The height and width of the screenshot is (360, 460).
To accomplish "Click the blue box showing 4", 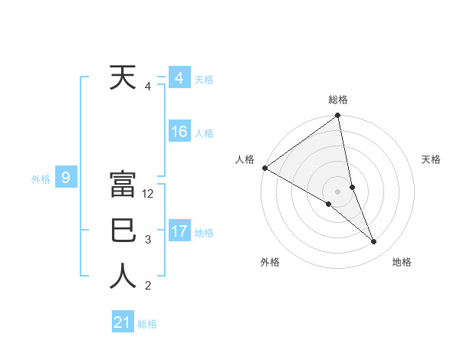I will (179, 78).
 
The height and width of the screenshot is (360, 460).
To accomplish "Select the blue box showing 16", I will (179, 132).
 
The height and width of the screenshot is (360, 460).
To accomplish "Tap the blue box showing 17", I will (179, 231).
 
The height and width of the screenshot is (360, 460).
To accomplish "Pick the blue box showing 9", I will (66, 178).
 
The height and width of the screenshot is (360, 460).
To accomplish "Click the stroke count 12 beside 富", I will (148, 194).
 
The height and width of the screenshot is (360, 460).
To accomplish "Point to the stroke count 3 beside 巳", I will (148, 240).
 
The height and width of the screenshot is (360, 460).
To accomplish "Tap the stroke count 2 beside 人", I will (148, 286).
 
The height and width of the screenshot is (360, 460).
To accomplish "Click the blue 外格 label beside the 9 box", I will (41, 179).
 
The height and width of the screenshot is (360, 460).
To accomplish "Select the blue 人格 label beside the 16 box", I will (204, 133).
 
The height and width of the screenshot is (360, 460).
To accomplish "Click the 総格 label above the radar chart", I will (338, 100).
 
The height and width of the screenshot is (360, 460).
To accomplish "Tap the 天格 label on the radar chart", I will (432, 159).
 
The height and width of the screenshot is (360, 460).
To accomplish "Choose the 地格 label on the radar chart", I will (402, 262).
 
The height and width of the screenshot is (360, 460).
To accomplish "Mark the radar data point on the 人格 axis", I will (264, 168).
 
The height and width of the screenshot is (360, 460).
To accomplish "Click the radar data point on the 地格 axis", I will (374, 242).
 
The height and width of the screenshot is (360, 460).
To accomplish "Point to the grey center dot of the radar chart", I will (337, 191).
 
